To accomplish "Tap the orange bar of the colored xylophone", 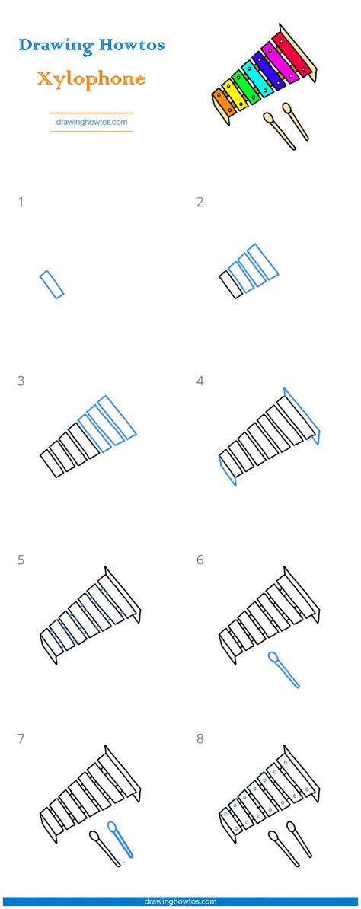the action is (224, 102).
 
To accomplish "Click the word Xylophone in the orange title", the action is (91, 79).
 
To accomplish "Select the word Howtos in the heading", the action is (132, 44).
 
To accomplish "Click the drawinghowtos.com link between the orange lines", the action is (91, 123).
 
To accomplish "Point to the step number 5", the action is (21, 560).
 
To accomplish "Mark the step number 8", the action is (200, 739).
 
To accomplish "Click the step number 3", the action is (21, 381).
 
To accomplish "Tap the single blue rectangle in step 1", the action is (52, 284).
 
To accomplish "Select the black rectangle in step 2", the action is (231, 285).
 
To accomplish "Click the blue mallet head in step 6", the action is (273, 657).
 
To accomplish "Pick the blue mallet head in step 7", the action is (113, 826).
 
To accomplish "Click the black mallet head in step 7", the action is (94, 835).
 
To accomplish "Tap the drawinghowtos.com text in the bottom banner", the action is (180, 901).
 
